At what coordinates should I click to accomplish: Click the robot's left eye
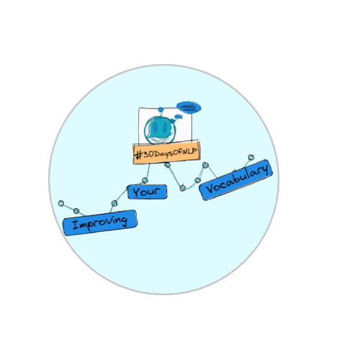[156, 127]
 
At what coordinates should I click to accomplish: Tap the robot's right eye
[166, 127]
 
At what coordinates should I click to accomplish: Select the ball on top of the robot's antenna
[161, 109]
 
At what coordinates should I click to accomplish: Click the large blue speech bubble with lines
[189, 107]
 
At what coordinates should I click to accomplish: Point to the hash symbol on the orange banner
[139, 155]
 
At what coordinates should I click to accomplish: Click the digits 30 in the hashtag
[148, 154]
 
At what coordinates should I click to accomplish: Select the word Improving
[100, 222]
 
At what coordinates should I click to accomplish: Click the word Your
[147, 192]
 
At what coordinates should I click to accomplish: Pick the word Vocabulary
[237, 179]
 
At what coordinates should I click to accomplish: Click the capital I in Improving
[76, 225]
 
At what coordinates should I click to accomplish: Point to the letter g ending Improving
[125, 221]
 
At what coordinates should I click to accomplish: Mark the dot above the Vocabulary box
[251, 158]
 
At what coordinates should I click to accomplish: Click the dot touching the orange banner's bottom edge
[168, 165]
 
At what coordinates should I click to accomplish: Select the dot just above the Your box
[145, 180]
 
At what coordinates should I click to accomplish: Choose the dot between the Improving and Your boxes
[114, 204]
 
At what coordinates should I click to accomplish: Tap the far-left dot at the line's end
[61, 204]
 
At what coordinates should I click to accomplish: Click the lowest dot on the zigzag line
[183, 188]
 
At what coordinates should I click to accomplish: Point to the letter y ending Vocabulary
[265, 169]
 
